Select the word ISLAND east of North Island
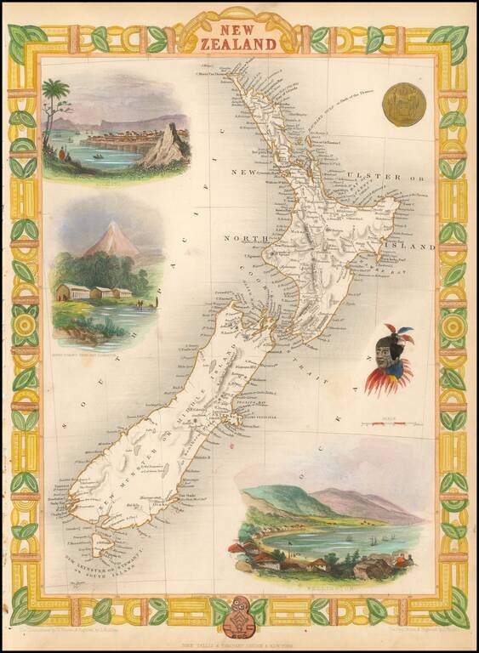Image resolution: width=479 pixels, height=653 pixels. coord(416,247)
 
